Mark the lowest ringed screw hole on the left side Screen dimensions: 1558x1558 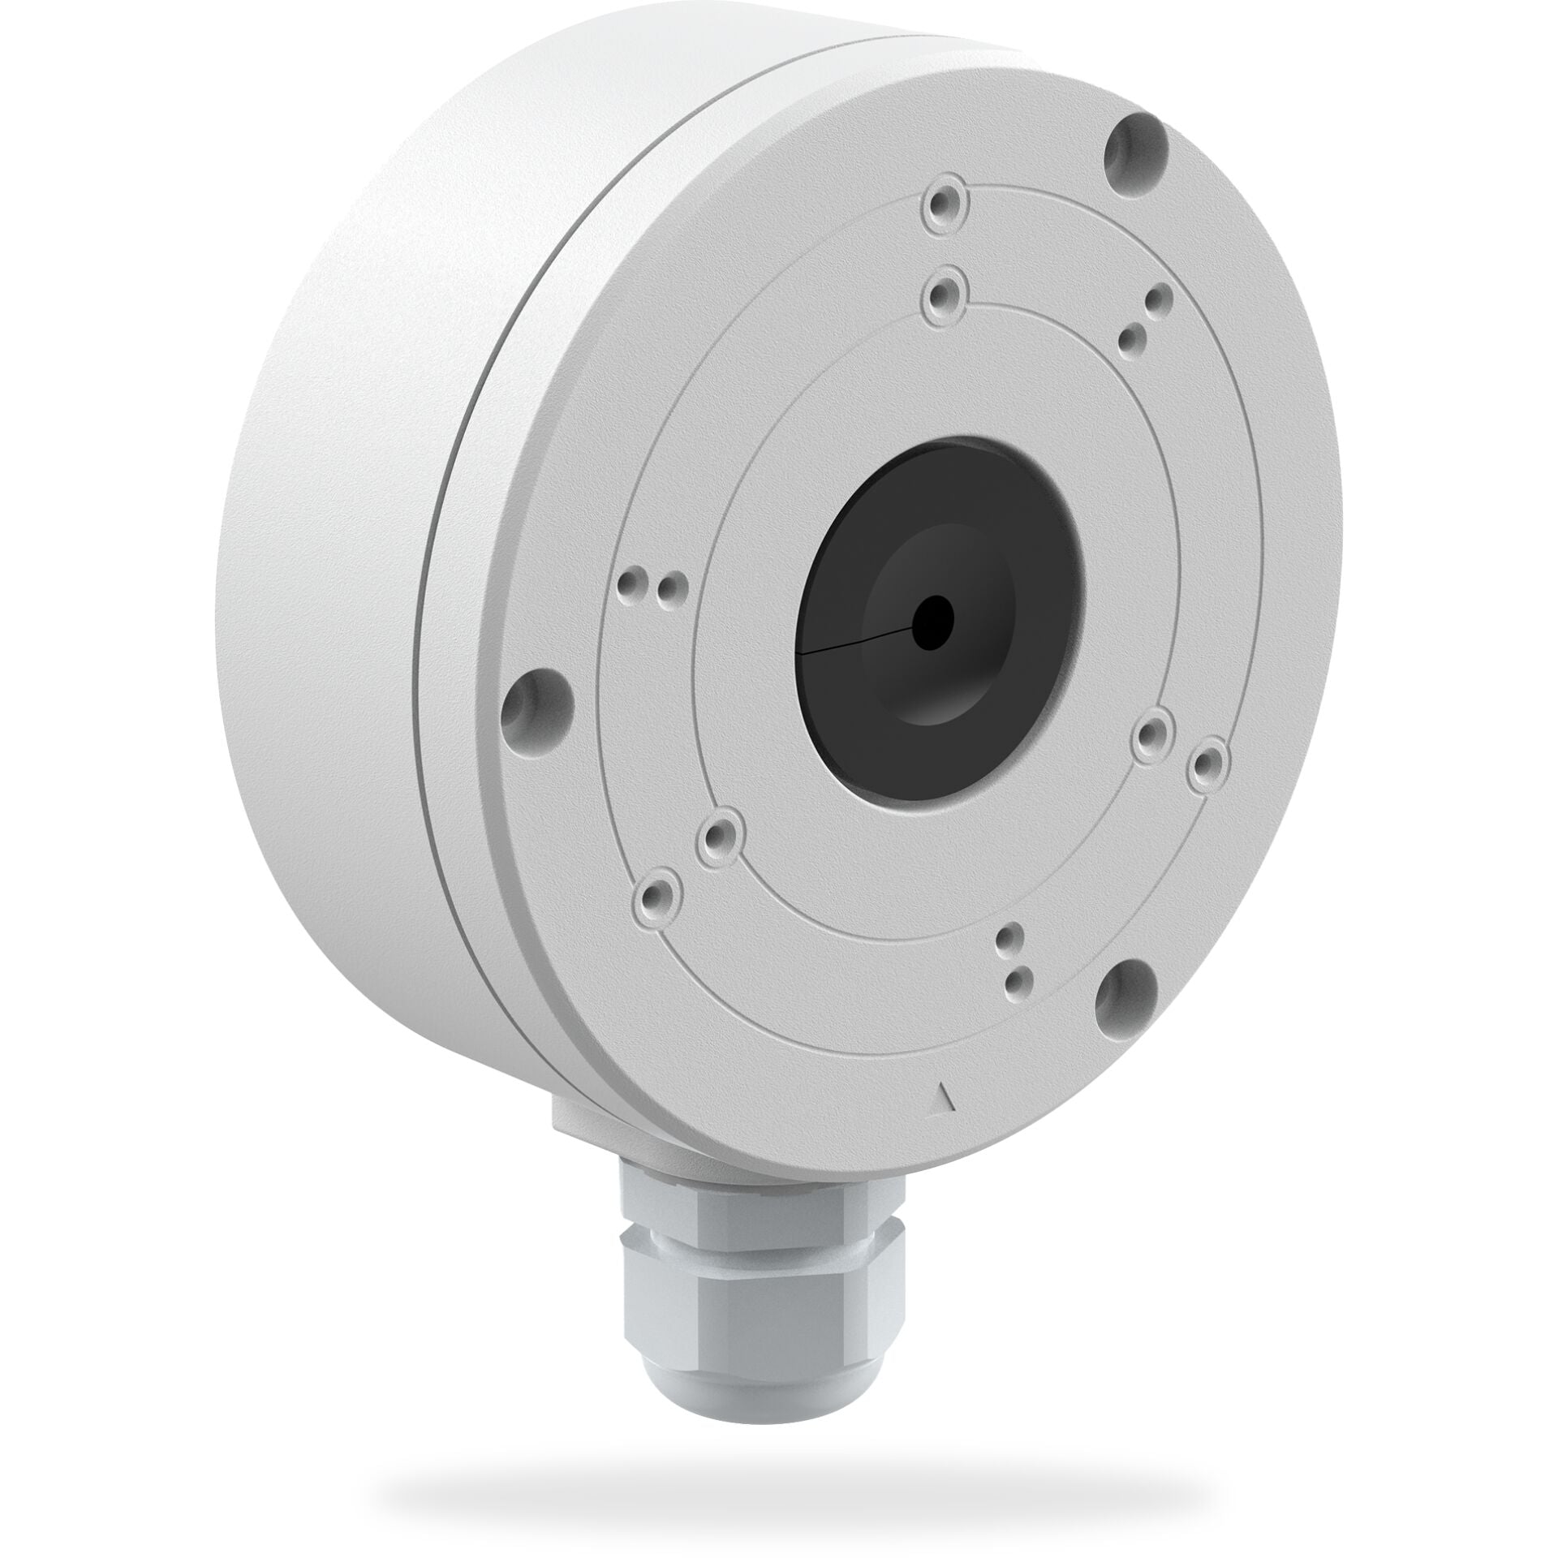click(659, 895)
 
